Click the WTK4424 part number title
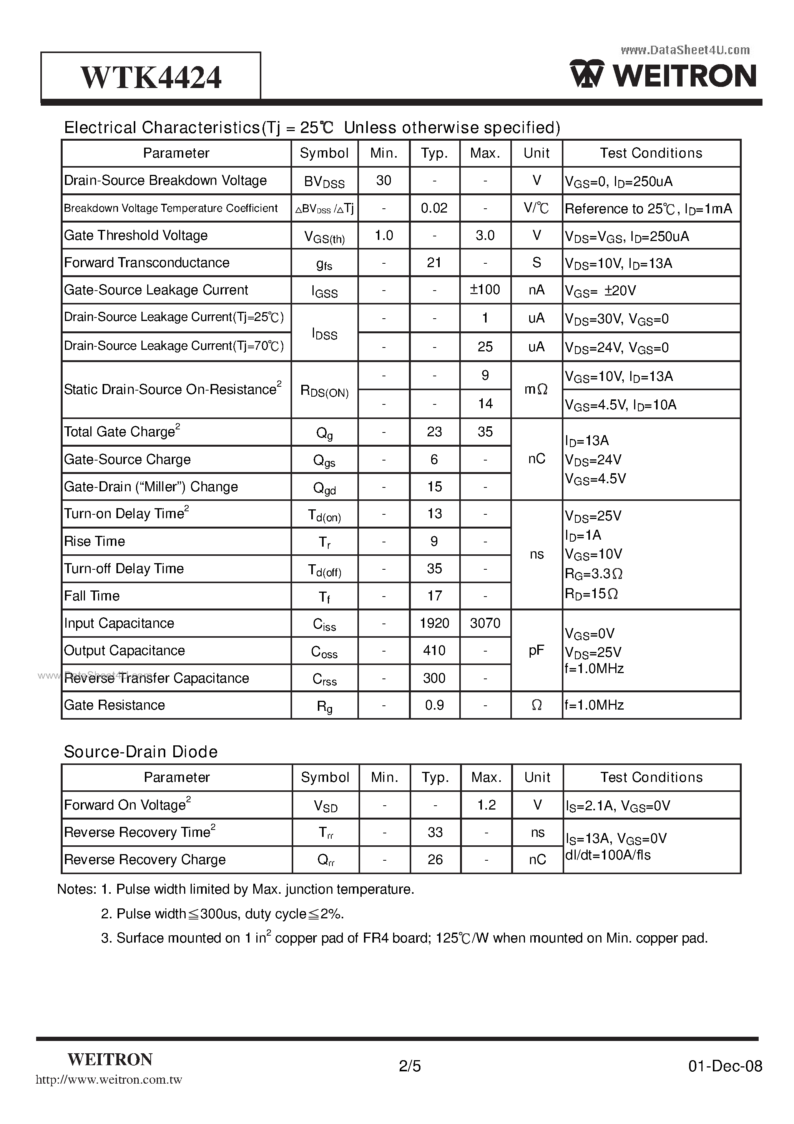tap(151, 77)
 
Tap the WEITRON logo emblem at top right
tap(586, 75)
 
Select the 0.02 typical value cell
tap(434, 208)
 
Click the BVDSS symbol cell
tap(324, 181)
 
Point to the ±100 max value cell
tap(485, 290)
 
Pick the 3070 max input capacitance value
tap(485, 623)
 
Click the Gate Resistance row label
tap(115, 705)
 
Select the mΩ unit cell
tap(536, 390)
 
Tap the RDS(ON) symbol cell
tap(324, 391)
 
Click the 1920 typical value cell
tap(434, 623)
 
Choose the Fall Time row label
tap(92, 596)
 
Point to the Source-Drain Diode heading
tap(141, 752)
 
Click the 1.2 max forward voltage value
tap(486, 805)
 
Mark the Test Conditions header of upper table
tap(651, 153)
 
